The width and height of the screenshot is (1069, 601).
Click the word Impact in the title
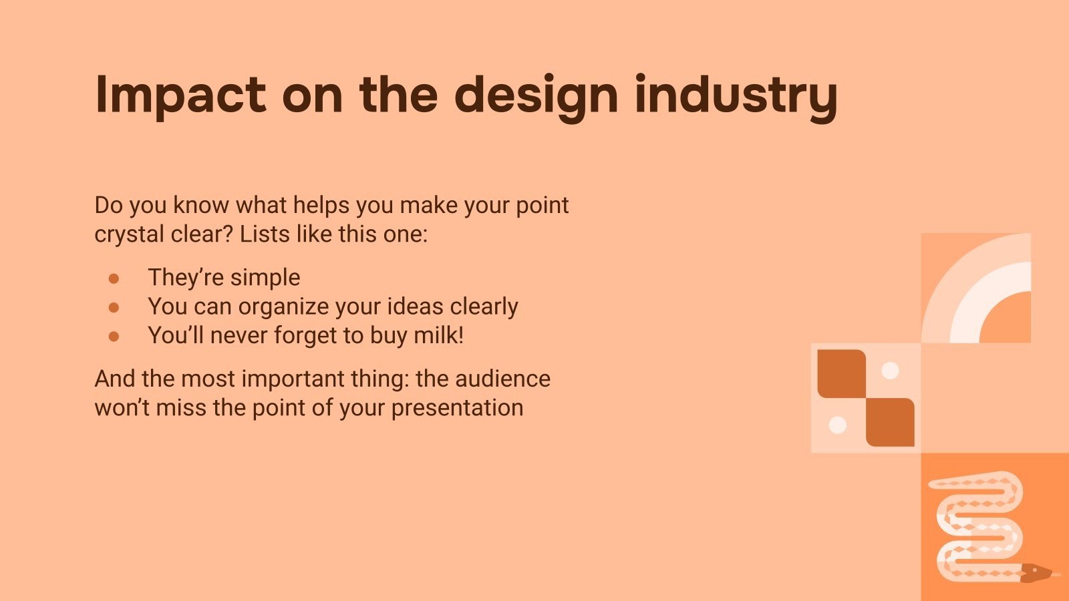pos(180,95)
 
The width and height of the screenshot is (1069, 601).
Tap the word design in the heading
pos(537,97)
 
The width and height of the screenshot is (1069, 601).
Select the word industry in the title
pos(736,97)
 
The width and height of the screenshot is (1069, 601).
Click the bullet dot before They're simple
pos(114,278)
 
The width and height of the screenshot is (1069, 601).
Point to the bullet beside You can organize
pos(114,308)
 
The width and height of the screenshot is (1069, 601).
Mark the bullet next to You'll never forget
pos(114,337)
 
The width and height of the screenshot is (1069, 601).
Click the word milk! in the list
pos(438,335)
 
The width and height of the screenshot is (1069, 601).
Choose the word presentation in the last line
pos(457,409)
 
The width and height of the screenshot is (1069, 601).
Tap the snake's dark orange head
pos(1036,572)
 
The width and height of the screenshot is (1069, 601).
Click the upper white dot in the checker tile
pos(890,371)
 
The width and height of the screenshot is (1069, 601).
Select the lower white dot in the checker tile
pos(838,425)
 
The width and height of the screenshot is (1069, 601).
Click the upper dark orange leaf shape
pos(842,374)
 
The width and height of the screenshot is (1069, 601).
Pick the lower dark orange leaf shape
pos(890,422)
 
